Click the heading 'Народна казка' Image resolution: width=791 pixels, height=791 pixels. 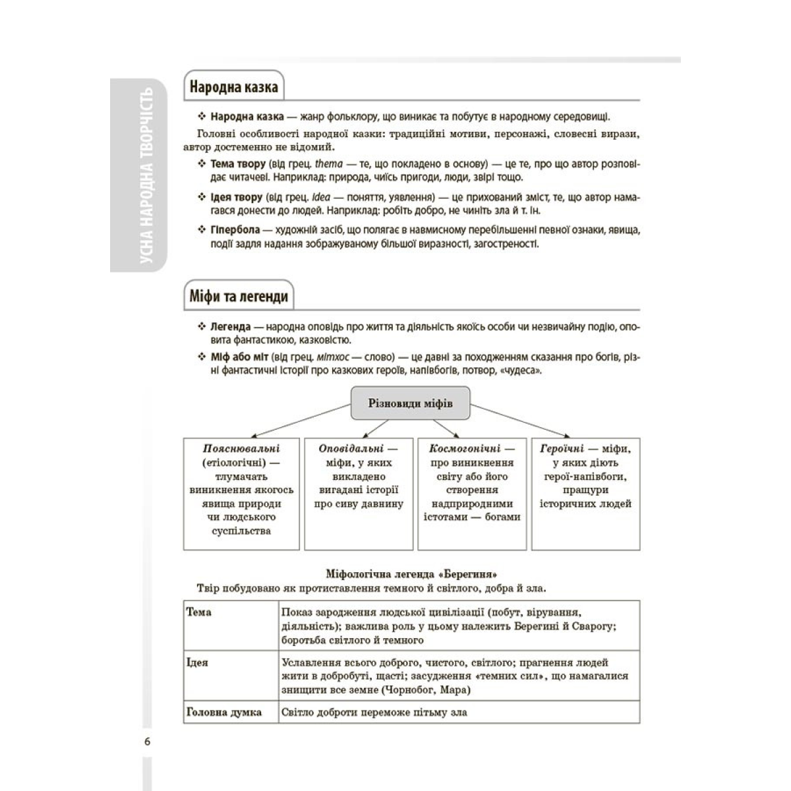[233, 87]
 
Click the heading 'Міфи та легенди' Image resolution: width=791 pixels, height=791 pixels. [239, 297]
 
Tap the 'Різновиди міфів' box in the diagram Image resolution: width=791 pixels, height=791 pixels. [410, 403]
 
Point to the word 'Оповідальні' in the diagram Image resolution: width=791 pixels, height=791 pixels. [351, 449]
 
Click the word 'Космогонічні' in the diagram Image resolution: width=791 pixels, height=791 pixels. [465, 449]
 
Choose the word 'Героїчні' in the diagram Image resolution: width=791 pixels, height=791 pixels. [562, 449]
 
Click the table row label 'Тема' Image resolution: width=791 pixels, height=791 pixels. [199, 612]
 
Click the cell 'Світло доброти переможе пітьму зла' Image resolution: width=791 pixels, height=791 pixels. [374, 712]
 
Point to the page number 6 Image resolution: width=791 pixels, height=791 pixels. [147, 742]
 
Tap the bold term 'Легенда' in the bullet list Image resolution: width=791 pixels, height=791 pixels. [231, 327]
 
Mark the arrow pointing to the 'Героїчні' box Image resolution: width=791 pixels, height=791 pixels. [521, 420]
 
